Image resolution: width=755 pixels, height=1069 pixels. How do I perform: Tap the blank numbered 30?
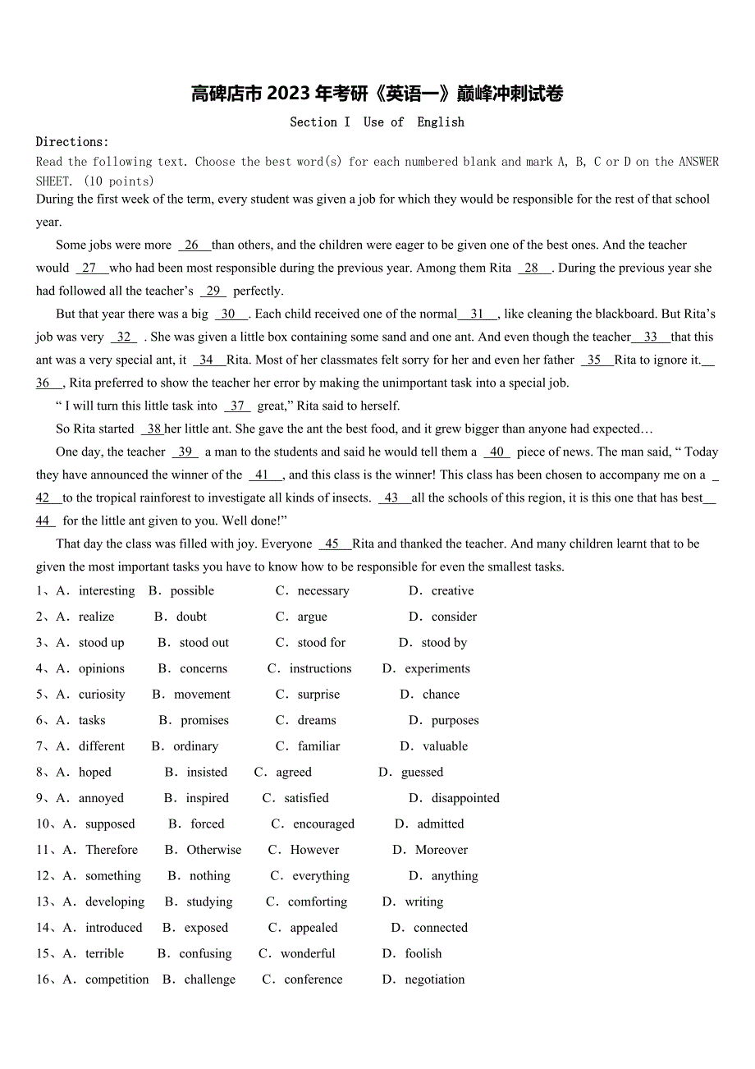(x=229, y=314)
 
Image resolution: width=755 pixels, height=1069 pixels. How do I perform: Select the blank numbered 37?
(x=237, y=406)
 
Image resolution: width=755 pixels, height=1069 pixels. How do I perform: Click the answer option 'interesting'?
(x=107, y=591)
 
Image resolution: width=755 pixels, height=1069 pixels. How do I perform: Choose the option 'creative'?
(x=453, y=591)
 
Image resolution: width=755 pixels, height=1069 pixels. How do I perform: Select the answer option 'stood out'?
(x=204, y=643)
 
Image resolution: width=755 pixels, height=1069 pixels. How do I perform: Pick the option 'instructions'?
(x=320, y=669)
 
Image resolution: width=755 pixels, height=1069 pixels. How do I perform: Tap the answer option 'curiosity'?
(x=102, y=695)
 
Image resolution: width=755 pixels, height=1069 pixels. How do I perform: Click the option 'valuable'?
(x=446, y=746)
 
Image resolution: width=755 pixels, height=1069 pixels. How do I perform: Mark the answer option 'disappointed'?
(x=465, y=798)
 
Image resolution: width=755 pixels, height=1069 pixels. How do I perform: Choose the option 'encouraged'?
(x=324, y=824)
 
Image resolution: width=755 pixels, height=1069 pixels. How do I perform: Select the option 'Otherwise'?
(x=214, y=850)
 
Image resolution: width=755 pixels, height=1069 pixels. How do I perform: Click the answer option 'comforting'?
(x=318, y=902)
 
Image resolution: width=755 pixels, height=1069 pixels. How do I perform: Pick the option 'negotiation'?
(x=435, y=980)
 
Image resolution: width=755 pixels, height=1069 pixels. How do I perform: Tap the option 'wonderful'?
(x=308, y=954)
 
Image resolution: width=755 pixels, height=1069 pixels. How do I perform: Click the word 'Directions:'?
(x=72, y=142)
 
